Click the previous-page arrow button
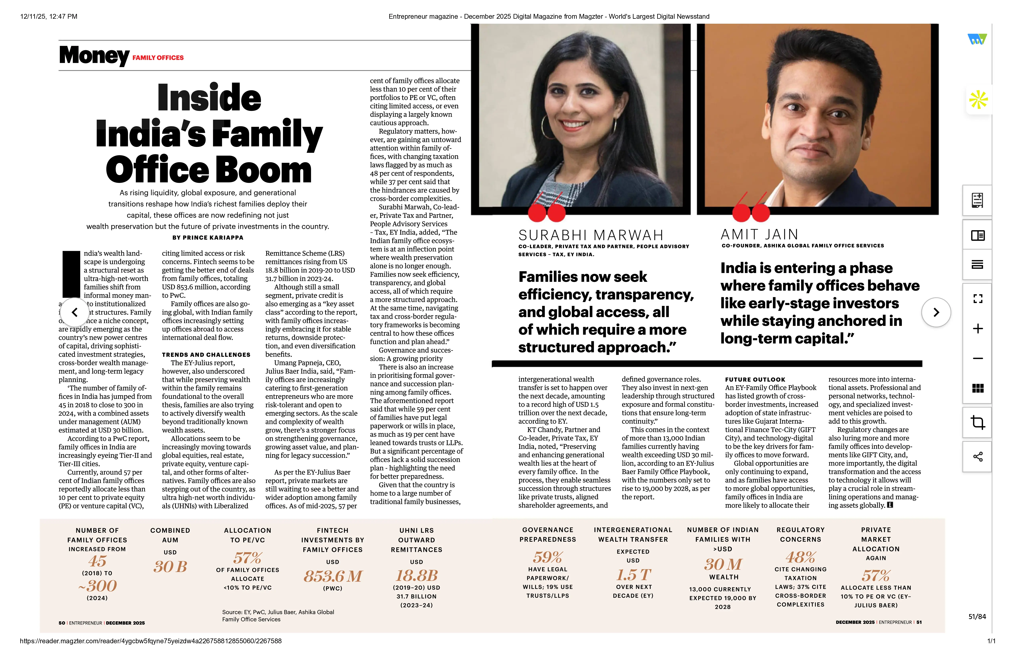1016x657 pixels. point(75,312)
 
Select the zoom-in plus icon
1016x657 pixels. point(978,328)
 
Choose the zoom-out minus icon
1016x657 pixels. point(978,358)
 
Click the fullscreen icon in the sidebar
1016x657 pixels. point(978,299)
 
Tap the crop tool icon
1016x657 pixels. point(978,422)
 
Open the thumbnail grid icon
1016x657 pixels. point(978,388)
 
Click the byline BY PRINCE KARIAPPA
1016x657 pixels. point(208,238)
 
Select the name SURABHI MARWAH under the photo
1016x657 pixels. point(591,235)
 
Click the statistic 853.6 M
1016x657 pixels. point(332,576)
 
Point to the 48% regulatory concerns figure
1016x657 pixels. point(800,557)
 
